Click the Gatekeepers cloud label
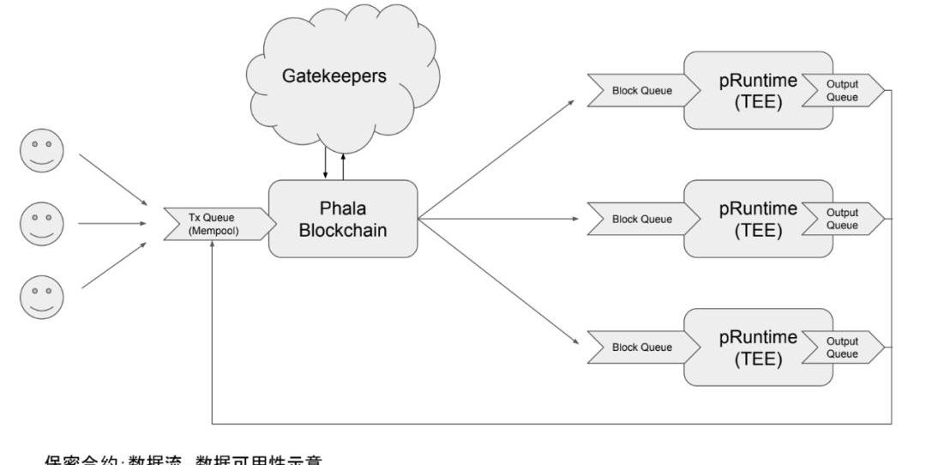(334, 75)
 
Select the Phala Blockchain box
(343, 218)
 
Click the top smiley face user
(41, 151)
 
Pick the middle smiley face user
(41, 223)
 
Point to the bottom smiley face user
(41, 297)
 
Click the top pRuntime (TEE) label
(758, 91)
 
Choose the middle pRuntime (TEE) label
(758, 219)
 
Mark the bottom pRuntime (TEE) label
(758, 347)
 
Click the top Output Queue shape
(843, 91)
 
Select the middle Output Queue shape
(843, 219)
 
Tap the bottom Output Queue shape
(843, 347)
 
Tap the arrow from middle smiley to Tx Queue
(111, 223)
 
